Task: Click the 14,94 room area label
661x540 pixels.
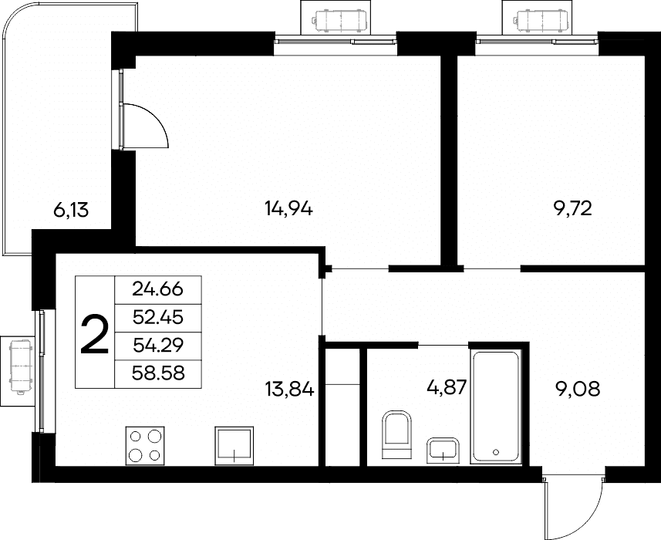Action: pos(288,208)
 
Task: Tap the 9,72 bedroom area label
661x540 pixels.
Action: pos(573,208)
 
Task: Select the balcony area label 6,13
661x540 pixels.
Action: pos(71,210)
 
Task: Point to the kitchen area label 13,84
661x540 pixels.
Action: pos(289,389)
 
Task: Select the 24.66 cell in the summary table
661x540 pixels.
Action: pos(157,289)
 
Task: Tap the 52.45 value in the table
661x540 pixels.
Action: pos(157,317)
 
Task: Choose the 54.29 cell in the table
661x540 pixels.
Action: pos(158,346)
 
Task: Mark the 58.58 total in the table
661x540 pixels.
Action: pos(158,373)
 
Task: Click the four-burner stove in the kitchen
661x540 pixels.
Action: pos(145,446)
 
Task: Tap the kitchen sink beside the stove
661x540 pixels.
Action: pos(234,446)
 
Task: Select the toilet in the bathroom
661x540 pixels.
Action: pos(396,434)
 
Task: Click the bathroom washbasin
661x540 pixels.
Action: pos(443,451)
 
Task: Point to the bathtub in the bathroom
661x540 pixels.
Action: pos(496,407)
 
